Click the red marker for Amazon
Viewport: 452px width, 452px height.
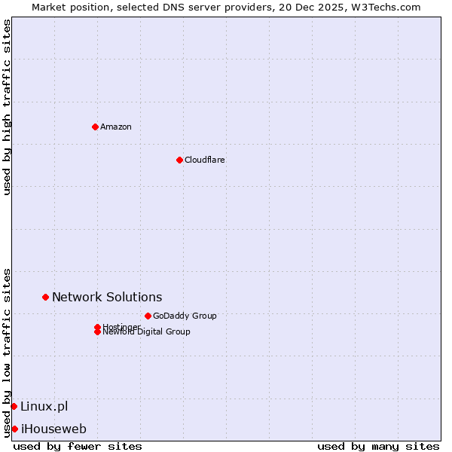pyautogui.click(x=95, y=127)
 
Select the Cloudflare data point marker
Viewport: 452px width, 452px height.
pyautogui.click(x=179, y=160)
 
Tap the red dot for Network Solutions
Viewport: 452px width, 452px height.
pyautogui.click(x=45, y=297)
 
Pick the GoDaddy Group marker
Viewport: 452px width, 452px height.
pyautogui.click(x=148, y=316)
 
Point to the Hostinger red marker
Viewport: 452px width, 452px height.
pyautogui.click(x=97, y=327)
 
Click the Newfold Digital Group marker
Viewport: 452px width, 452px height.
pyautogui.click(x=97, y=331)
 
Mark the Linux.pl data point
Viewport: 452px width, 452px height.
pyautogui.click(x=14, y=406)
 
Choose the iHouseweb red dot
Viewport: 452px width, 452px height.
pyautogui.click(x=14, y=429)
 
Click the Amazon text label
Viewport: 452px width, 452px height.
pyautogui.click(x=116, y=127)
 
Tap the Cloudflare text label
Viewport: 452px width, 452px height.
pyautogui.click(x=205, y=160)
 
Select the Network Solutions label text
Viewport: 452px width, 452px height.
pyautogui.click(x=107, y=297)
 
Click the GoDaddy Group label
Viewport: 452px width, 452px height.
pyautogui.click(x=185, y=316)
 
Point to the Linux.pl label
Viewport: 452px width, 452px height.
pyautogui.click(x=44, y=406)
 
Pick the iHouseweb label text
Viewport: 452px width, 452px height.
pyautogui.click(x=53, y=429)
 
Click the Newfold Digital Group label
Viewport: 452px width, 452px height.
pyautogui.click(x=147, y=332)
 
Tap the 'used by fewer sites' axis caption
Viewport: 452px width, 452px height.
pyautogui.click(x=78, y=446)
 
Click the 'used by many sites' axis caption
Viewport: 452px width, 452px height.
pyautogui.click(x=378, y=446)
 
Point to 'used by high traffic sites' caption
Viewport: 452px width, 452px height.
pyautogui.click(x=7, y=107)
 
